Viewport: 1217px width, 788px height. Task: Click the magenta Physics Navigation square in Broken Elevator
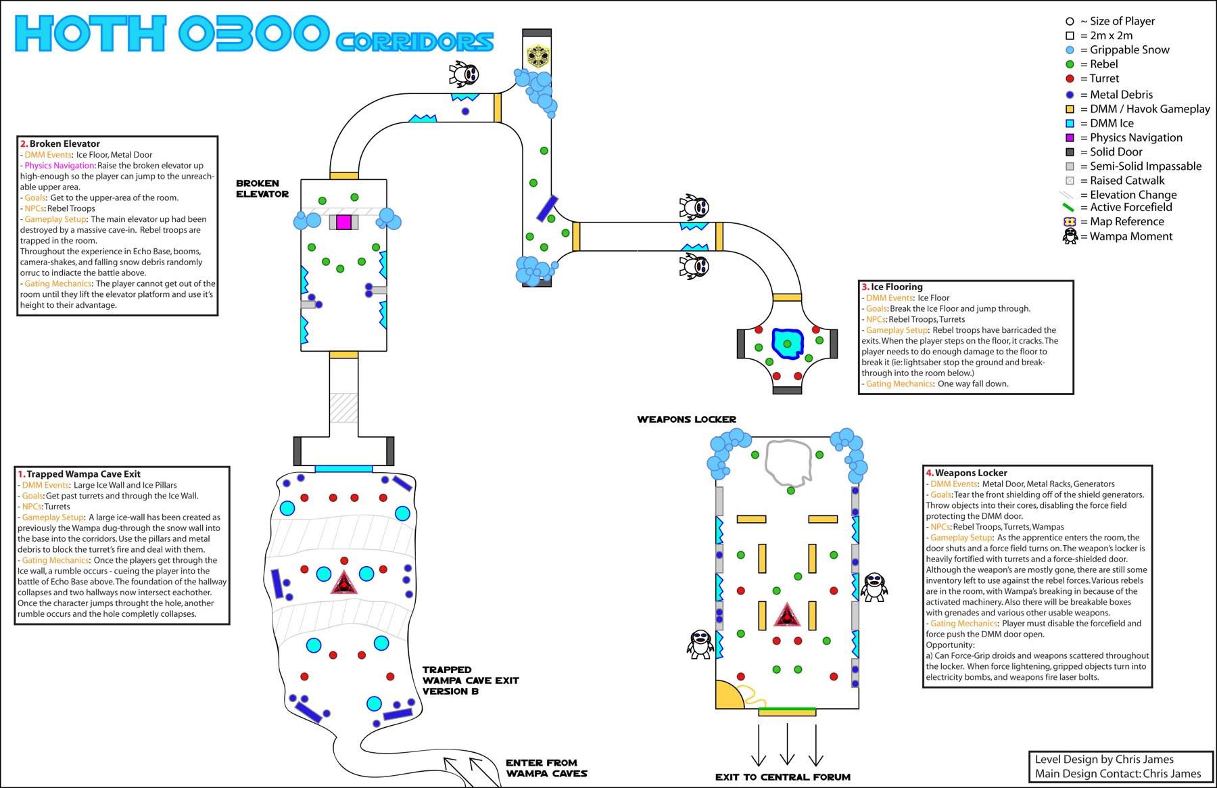point(343,223)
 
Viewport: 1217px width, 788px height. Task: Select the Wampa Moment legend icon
point(1070,236)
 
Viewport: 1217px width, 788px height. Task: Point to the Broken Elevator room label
point(262,189)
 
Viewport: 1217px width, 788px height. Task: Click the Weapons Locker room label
point(686,419)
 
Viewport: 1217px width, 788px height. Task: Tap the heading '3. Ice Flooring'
point(892,287)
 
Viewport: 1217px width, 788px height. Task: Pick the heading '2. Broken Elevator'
point(60,143)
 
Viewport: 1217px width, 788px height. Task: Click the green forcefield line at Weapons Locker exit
point(787,709)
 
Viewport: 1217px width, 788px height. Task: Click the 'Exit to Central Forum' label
point(782,777)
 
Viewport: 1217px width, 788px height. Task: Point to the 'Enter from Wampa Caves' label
point(546,768)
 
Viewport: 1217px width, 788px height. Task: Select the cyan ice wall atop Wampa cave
point(343,469)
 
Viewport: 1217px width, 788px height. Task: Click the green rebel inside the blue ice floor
point(787,344)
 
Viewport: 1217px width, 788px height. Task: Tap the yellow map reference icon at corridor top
point(537,56)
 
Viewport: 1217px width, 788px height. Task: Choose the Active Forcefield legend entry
point(1126,208)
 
